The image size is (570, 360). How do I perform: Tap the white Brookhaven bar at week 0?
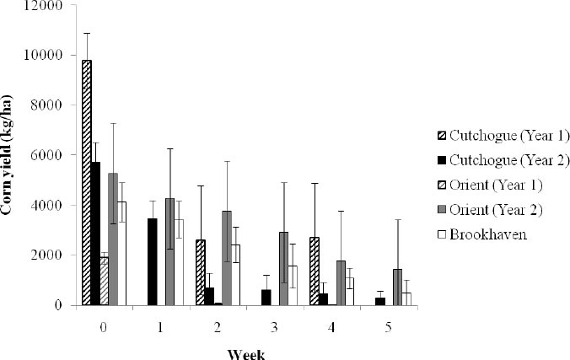click(121, 253)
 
